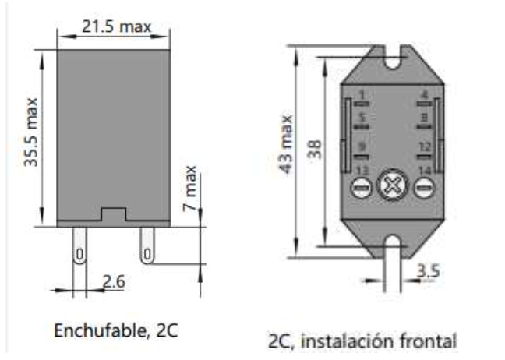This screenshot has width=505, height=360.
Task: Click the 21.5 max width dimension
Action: tap(117, 26)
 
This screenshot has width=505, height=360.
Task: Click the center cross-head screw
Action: tap(391, 188)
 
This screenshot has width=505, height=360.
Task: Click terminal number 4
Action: tap(425, 96)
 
